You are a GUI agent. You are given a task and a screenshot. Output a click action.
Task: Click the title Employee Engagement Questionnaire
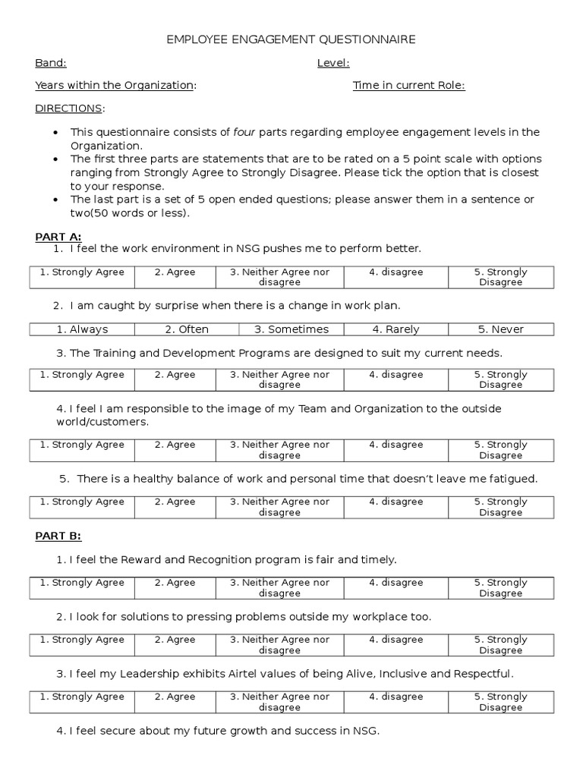(291, 39)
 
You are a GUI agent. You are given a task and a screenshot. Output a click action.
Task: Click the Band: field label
(51, 63)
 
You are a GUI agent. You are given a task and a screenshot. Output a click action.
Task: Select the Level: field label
(333, 63)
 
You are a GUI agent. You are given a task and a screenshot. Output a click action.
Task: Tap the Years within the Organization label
(115, 85)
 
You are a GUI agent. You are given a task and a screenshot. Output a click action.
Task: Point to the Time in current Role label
(408, 85)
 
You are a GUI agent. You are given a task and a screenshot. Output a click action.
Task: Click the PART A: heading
(58, 237)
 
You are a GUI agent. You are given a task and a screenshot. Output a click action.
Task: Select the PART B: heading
(58, 536)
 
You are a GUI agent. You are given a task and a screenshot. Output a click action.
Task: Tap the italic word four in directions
(244, 132)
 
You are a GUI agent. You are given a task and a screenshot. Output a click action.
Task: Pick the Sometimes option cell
(291, 329)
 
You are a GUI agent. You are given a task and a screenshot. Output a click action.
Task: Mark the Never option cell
(500, 329)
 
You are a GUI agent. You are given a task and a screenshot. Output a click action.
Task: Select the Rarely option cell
(395, 329)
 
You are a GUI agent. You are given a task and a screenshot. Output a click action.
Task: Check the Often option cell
(187, 329)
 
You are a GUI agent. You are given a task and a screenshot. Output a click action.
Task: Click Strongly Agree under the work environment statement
(82, 272)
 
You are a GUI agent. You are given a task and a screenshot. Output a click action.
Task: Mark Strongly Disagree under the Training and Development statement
(500, 379)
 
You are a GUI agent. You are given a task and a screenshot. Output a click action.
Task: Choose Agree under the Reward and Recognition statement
(175, 583)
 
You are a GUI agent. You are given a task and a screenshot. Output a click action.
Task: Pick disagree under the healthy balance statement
(395, 502)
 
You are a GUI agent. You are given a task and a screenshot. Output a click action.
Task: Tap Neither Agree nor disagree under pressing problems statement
(279, 645)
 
